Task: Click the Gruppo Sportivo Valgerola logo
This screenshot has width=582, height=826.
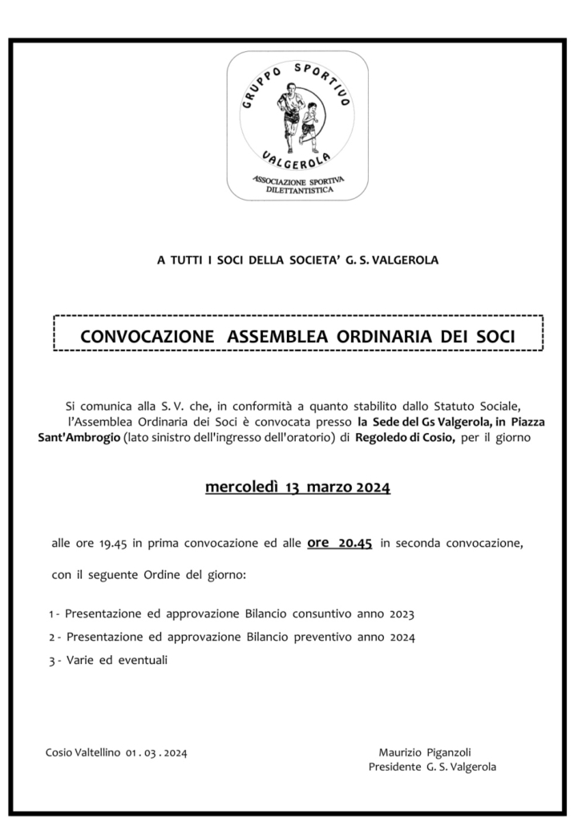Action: coord(297,126)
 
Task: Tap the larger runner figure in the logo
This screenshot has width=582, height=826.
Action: coord(289,116)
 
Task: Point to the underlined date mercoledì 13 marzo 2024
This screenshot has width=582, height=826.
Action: coord(297,488)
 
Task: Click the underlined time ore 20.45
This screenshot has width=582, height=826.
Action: coord(339,543)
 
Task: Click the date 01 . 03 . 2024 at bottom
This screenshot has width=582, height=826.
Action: coord(156,752)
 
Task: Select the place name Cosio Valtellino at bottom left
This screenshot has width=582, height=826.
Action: coord(83,752)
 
